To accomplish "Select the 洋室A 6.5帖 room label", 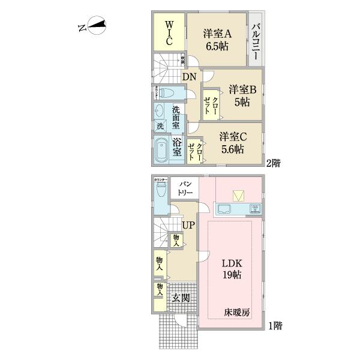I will [x=217, y=38].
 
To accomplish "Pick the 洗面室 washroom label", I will [x=176, y=118].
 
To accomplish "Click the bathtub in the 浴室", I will [x=162, y=149].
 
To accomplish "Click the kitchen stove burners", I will [x=255, y=209].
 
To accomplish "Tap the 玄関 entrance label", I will [x=181, y=297].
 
